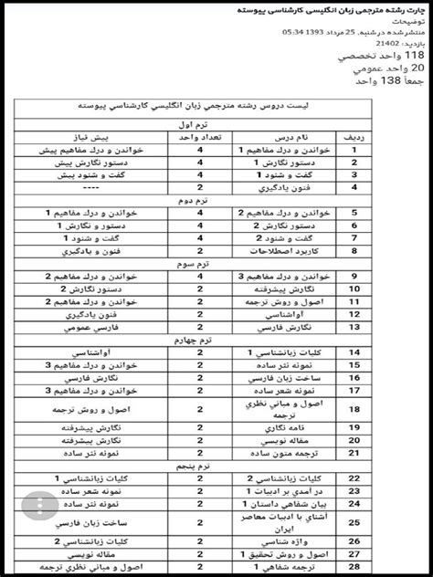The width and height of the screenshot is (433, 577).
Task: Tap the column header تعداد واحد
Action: (199, 136)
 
